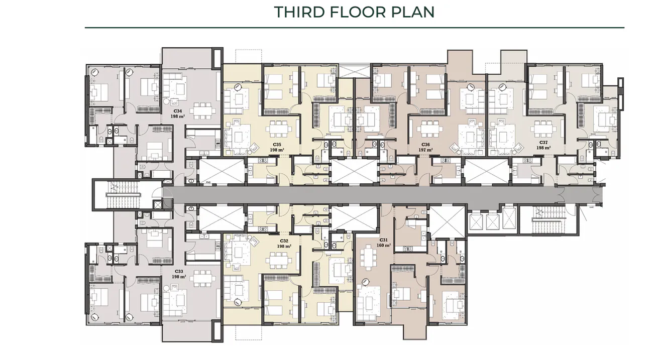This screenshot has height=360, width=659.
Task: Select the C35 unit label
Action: coord(277,144)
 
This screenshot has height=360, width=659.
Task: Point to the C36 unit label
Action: coord(425,144)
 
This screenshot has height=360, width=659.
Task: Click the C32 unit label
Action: coord(283,241)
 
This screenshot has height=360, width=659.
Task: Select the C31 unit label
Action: coord(384,240)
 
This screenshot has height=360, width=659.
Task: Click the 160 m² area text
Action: coord(384,246)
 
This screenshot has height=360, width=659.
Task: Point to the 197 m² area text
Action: coord(425,150)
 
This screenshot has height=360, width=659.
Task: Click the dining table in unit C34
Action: coord(202,110)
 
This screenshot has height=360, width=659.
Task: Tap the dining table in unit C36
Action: coord(427,129)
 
